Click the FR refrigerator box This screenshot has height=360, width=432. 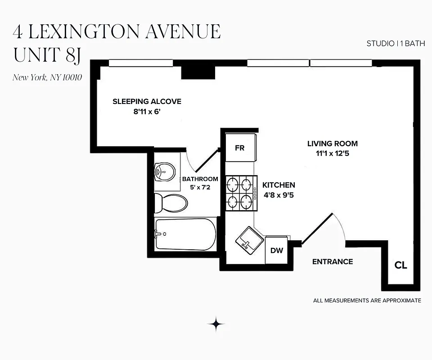pyautogui.click(x=240, y=148)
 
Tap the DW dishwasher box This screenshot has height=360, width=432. pyautogui.click(x=277, y=250)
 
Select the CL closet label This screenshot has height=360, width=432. pyautogui.click(x=400, y=265)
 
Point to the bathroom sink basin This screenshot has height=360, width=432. pyautogui.click(x=164, y=171)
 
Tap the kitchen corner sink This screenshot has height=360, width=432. pyautogui.click(x=249, y=240)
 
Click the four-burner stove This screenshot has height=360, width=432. pyautogui.click(x=240, y=193)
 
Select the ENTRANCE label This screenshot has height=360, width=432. pyautogui.click(x=333, y=262)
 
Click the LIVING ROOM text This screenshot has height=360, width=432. pyautogui.click(x=333, y=144)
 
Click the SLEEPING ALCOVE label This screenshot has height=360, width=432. pyautogui.click(x=147, y=102)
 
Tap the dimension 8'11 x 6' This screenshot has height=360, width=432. pyautogui.click(x=147, y=112)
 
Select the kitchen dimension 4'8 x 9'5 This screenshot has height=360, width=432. pyautogui.click(x=278, y=195)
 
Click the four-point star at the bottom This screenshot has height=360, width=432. pyautogui.click(x=216, y=324)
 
